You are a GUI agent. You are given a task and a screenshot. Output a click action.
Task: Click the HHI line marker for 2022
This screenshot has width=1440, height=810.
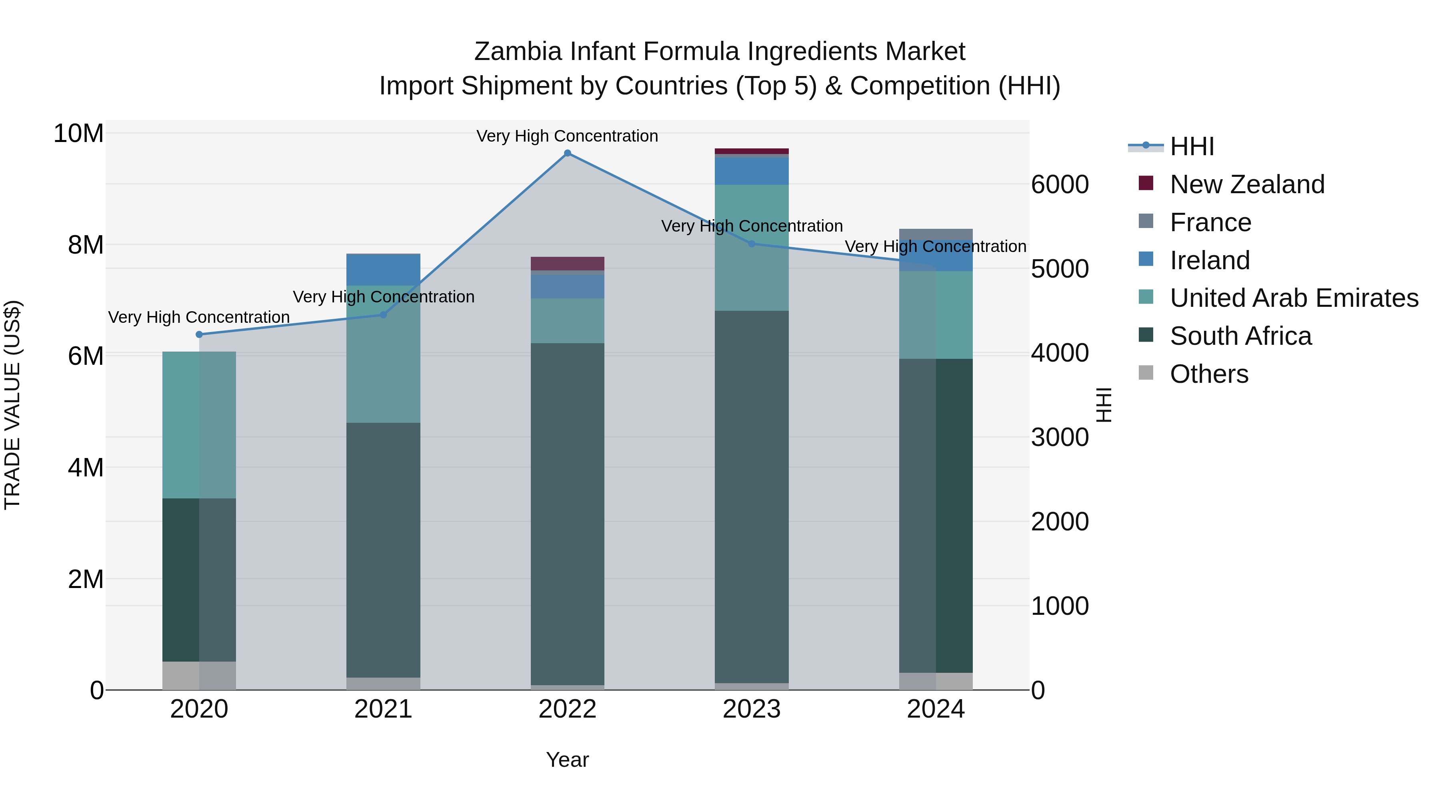567,153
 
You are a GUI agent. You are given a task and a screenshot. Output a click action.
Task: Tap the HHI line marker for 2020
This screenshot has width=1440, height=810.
199,334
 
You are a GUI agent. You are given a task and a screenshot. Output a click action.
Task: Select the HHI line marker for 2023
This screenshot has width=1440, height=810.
751,244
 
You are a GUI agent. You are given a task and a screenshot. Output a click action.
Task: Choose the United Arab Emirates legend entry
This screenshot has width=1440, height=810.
1294,298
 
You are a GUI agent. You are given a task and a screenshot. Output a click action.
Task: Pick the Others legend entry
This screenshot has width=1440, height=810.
1208,374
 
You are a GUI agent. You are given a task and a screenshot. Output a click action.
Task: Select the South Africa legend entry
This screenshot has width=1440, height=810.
1240,336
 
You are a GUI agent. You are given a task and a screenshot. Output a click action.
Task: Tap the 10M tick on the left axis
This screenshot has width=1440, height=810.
78,134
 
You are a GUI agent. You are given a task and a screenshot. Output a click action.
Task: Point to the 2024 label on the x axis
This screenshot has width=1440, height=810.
936,709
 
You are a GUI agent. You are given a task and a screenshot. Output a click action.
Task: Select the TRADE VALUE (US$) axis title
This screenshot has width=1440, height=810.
13,405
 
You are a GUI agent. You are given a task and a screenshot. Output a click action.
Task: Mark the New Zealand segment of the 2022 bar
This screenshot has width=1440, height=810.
567,263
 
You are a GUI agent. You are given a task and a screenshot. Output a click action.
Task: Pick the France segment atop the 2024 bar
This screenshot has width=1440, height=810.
936,234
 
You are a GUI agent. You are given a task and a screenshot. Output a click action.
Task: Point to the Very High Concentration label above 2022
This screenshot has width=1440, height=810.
567,136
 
